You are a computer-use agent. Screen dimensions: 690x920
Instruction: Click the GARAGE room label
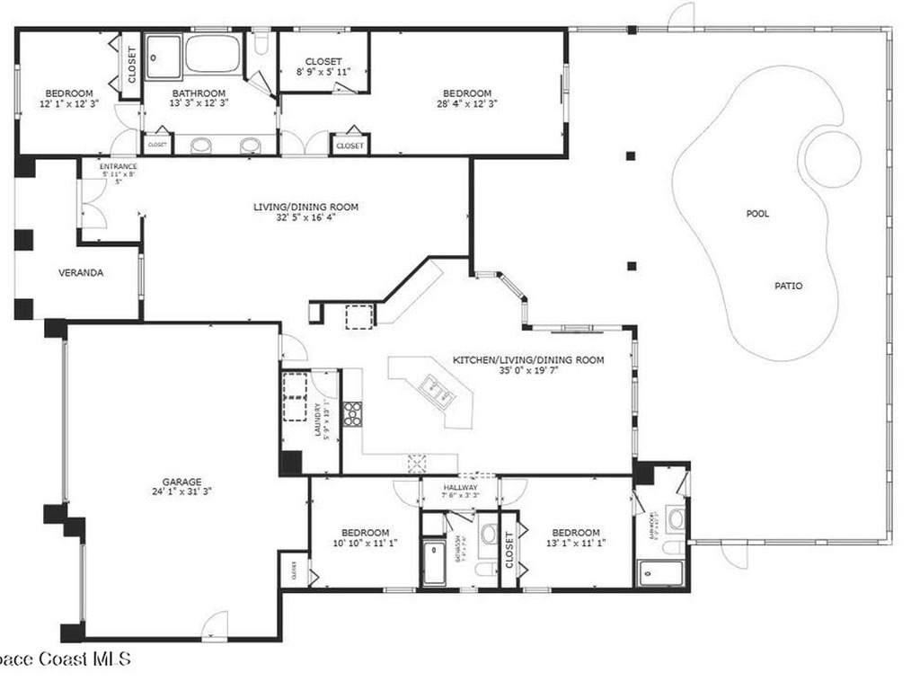(x=181, y=481)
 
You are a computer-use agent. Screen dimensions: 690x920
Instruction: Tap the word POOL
(x=757, y=214)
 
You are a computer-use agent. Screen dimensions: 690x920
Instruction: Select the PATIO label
(x=788, y=287)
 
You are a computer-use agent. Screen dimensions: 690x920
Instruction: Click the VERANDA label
(x=80, y=272)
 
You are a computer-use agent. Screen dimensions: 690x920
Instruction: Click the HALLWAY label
(x=460, y=488)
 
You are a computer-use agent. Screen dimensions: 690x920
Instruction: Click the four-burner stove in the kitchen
(x=352, y=412)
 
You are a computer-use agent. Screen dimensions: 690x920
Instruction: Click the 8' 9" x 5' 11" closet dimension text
(x=323, y=74)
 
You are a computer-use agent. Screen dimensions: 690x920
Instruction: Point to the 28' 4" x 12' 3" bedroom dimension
(x=466, y=104)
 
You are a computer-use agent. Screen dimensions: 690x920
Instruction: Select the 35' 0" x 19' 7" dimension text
(x=527, y=371)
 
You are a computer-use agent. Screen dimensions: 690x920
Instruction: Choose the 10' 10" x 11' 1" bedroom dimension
(x=365, y=543)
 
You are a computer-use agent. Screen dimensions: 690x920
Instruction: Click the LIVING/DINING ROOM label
(x=305, y=207)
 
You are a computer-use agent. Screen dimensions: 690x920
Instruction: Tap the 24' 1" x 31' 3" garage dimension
(x=181, y=491)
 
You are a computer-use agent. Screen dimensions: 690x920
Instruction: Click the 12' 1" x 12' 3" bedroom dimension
(x=69, y=104)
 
